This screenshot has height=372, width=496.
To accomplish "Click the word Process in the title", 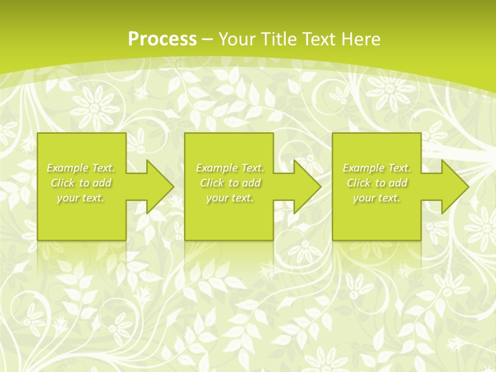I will (162, 39).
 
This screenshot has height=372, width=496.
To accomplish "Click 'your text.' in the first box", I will (81, 198).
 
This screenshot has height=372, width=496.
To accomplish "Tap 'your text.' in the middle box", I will (230, 198).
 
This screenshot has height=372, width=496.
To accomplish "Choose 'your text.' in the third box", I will (377, 198).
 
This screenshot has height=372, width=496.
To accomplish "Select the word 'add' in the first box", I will (102, 183).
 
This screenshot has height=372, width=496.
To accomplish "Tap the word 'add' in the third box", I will (398, 183).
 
